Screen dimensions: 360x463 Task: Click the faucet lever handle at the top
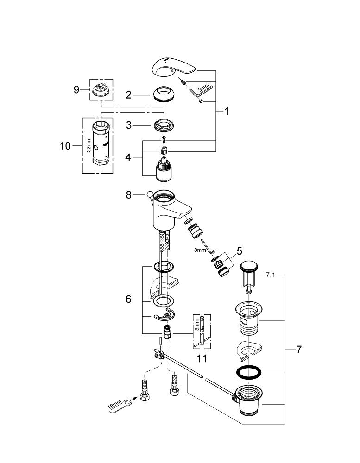[x=173, y=67]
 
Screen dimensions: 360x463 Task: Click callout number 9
[x=76, y=89]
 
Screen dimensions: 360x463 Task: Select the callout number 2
[x=129, y=95]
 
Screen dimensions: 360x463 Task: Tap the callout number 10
[x=65, y=146]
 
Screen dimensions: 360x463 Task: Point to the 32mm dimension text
[x=88, y=144]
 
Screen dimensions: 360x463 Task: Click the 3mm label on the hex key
[x=203, y=88]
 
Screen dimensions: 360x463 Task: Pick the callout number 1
[x=227, y=111]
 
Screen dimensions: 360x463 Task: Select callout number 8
[x=129, y=195]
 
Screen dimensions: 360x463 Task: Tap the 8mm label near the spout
[x=200, y=250]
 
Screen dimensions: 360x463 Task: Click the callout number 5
[x=239, y=251]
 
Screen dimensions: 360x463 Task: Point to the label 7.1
[x=270, y=275]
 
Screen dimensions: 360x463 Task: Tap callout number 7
[x=299, y=350]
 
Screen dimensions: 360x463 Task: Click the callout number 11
[x=202, y=358]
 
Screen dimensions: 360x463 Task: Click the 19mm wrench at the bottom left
[x=120, y=406]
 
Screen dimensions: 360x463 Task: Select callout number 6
[x=128, y=299]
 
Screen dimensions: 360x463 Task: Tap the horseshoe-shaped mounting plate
[x=164, y=314]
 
